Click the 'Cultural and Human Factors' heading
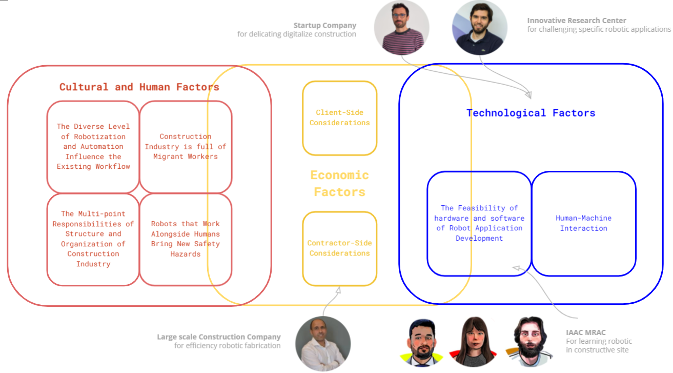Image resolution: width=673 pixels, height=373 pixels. (x=139, y=87)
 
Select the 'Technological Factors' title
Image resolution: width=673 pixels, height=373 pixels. (x=531, y=113)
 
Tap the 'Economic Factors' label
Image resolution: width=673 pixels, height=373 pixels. (x=339, y=183)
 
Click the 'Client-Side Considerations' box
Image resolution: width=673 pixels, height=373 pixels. (x=339, y=118)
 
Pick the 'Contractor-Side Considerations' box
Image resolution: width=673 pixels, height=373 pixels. (x=339, y=248)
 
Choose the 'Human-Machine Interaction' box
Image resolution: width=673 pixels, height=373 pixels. (x=583, y=223)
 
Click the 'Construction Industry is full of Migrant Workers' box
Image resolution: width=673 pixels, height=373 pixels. (x=186, y=147)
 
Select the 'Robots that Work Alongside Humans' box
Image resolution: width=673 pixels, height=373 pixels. (x=186, y=239)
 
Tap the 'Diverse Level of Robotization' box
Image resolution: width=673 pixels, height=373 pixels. (x=93, y=147)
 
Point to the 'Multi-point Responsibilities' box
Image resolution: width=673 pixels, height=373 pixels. (x=93, y=239)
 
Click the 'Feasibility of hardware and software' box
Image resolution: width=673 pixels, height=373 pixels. (x=479, y=223)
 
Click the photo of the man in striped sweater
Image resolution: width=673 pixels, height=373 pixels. (x=401, y=28)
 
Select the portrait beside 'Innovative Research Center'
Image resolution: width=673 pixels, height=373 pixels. (x=479, y=28)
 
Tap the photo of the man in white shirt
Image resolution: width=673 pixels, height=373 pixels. (x=323, y=343)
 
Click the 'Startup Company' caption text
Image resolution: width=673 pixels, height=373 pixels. (x=324, y=25)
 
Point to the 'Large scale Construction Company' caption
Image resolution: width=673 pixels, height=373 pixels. (x=219, y=337)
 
